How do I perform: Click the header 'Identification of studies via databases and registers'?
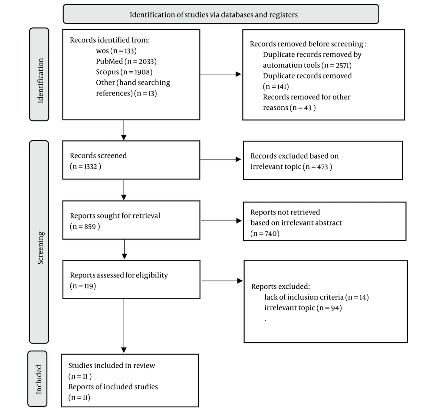pyautogui.click(x=214, y=15)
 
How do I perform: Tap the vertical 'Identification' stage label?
pyautogui.click(x=40, y=81)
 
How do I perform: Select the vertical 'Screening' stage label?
pyautogui.click(x=40, y=248)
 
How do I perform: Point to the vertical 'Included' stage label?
pyautogui.click(x=39, y=379)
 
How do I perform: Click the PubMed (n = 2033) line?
pyautogui.click(x=126, y=61)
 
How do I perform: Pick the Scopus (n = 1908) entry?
pyautogui.click(x=124, y=72)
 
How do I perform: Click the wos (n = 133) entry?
pyautogui.click(x=116, y=51)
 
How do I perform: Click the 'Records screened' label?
pyautogui.click(x=98, y=155)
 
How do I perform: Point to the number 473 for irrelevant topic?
pyautogui.click(x=322, y=167)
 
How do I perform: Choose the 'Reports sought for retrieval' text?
pyautogui.click(x=115, y=216)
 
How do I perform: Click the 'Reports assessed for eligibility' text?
pyautogui.click(x=119, y=275)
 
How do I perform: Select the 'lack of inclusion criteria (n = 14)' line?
pyautogui.click(x=316, y=297)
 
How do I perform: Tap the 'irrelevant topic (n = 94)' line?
pyautogui.click(x=303, y=308)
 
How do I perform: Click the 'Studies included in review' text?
pyautogui.click(x=112, y=366)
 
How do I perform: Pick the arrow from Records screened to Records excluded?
pyautogui.click(x=220, y=159)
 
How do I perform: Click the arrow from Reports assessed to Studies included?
pyautogui.click(x=124, y=326)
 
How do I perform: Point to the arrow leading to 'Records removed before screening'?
pyautogui.click(x=220, y=74)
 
